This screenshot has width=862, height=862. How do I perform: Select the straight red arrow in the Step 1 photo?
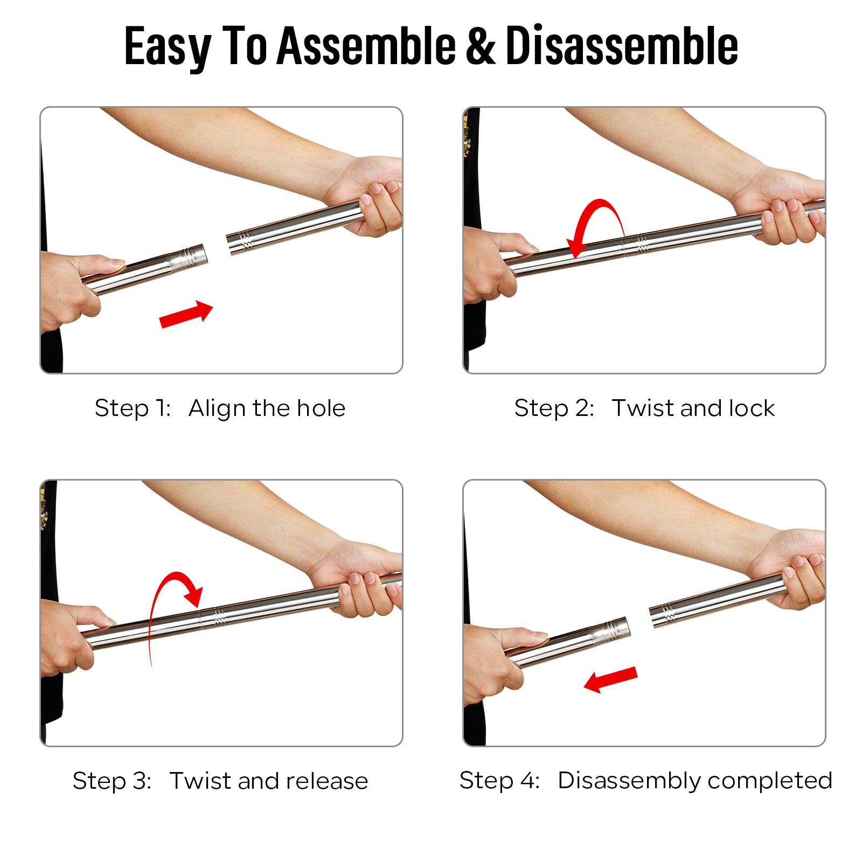[x=186, y=314]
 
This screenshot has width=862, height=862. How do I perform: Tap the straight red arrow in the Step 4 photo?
[x=610, y=680]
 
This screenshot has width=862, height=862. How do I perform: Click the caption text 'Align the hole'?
[x=267, y=408]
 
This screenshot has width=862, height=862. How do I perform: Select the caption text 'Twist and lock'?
[x=693, y=408]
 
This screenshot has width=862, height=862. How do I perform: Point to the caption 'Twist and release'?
[x=269, y=781]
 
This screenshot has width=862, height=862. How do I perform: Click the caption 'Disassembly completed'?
[x=695, y=781]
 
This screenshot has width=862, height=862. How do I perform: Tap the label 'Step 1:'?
[x=133, y=408]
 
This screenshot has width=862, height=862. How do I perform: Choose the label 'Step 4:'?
[x=499, y=781]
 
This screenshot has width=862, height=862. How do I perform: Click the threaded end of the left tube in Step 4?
[x=617, y=629]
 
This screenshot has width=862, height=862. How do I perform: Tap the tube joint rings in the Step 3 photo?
[x=219, y=616]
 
